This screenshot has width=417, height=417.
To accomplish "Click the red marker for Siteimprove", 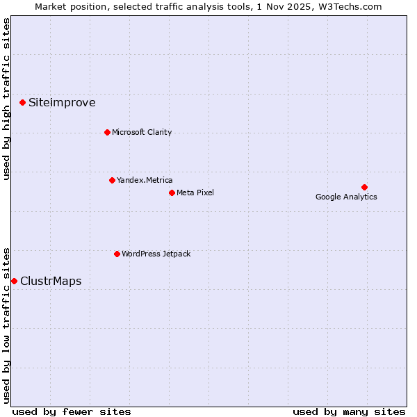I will coord(22,103).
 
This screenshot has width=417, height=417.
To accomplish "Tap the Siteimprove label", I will coord(62,103).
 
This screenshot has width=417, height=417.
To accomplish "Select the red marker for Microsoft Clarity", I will coord(107,132).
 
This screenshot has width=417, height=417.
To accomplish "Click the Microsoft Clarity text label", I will coord(142,132).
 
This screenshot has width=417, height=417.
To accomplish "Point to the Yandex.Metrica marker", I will coord(112,180).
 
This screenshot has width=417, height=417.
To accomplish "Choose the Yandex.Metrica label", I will coord(145,180).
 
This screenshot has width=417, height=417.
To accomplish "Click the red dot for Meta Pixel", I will coord(172,193).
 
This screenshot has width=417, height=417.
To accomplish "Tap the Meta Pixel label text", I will coord(195,193).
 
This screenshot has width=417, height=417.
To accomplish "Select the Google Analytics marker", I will coord(364,187).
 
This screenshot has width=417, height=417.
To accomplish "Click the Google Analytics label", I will coord(346,197).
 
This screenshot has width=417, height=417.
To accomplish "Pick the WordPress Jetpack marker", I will coord(117,254).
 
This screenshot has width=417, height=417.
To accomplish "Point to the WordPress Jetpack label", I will coord(156,254).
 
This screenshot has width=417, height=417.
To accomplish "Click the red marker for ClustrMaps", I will coord(14,281).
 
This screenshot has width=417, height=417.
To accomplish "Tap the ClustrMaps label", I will coord(51,281).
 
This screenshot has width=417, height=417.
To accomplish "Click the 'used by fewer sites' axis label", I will coord(72,411).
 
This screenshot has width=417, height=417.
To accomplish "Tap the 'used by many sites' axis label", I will coord(349,411).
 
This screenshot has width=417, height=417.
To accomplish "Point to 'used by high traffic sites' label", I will coord(6,99).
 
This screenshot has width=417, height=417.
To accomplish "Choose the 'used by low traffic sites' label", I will coord(6,325).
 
